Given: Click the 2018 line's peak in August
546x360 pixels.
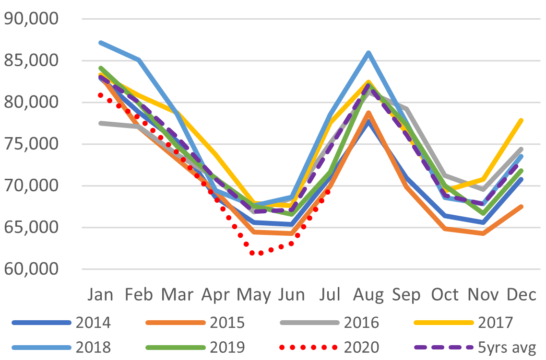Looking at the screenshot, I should pos(368,53).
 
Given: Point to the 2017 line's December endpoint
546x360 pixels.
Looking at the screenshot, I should pos(521,120).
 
